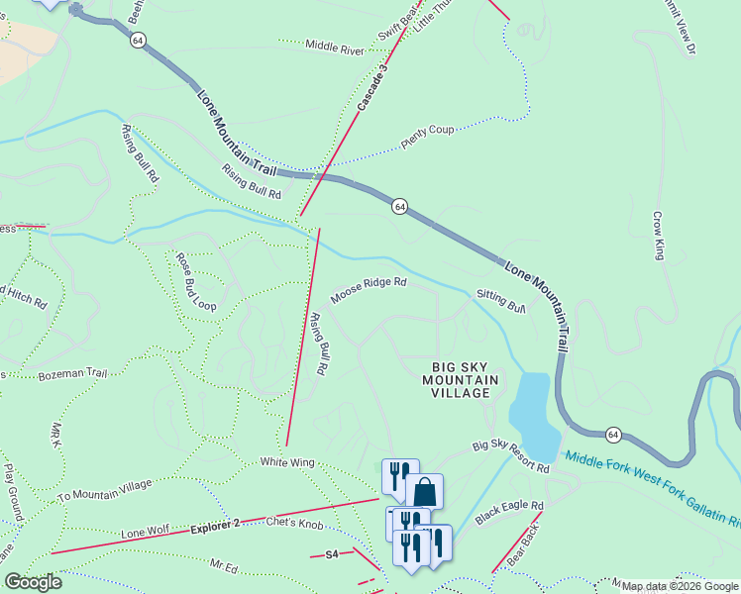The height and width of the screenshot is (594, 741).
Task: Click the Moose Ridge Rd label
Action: tap(369, 289)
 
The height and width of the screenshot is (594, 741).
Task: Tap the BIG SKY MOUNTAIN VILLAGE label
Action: tap(456, 379)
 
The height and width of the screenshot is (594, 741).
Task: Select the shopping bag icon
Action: tap(424, 492)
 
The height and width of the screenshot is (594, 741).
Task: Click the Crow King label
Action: tap(658, 235)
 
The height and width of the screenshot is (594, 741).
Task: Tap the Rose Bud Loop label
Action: tap(196, 282)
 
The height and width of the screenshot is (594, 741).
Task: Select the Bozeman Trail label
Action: tap(72, 374)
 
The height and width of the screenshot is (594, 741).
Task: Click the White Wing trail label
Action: tap(286, 462)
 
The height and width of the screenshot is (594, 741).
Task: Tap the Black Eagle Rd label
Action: tap(509, 512)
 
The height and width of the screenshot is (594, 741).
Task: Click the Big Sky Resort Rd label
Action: tap(510, 455)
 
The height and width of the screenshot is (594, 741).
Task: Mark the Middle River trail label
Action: tap(335, 47)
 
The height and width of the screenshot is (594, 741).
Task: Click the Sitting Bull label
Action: tap(500, 299)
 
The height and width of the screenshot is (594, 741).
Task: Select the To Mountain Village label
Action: tap(105, 490)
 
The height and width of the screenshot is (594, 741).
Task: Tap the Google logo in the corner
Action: tap(33, 582)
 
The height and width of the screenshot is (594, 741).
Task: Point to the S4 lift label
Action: tap(332, 555)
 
